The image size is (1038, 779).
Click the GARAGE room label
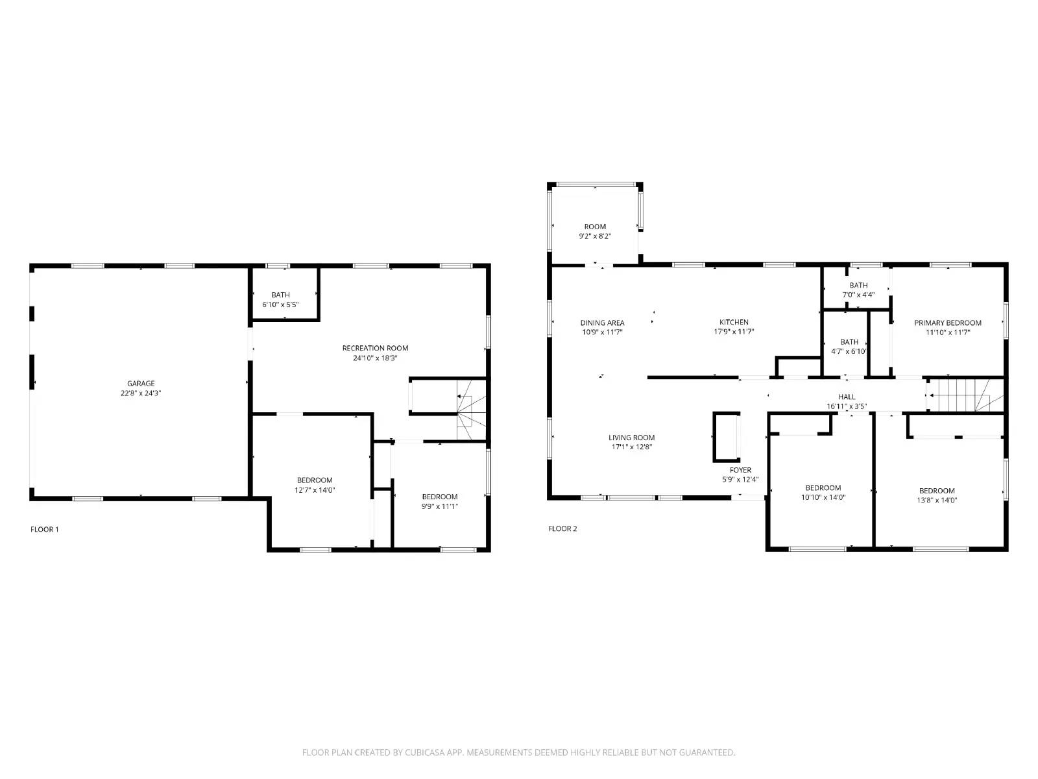pyautogui.click(x=141, y=384)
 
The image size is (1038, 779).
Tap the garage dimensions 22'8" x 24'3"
pyautogui.click(x=141, y=393)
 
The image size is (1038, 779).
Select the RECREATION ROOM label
pyautogui.click(x=375, y=348)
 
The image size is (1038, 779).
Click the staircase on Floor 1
pyautogui.click(x=471, y=410)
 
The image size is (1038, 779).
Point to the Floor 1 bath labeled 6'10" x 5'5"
pyautogui.click(x=280, y=299)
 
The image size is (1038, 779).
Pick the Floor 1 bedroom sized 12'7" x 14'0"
pyautogui.click(x=314, y=485)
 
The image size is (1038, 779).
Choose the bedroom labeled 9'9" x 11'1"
pyautogui.click(x=439, y=501)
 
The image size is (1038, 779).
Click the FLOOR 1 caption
pyautogui.click(x=45, y=530)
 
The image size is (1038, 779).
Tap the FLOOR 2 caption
pyautogui.click(x=562, y=529)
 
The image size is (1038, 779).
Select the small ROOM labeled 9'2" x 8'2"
pyautogui.click(x=595, y=231)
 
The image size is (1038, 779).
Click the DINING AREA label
pyautogui.click(x=602, y=323)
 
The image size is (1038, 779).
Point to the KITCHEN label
pyautogui.click(x=734, y=322)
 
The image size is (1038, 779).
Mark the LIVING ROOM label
pyautogui.click(x=631, y=438)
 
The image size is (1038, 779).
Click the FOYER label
pyautogui.click(x=740, y=470)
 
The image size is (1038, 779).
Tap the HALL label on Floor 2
pyautogui.click(x=847, y=397)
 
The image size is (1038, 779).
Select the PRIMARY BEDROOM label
pyautogui.click(x=947, y=323)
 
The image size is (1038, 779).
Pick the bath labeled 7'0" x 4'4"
pyautogui.click(x=858, y=290)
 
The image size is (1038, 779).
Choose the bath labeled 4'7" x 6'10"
pyautogui.click(x=849, y=346)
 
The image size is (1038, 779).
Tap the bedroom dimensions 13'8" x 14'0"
pyautogui.click(x=937, y=501)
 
